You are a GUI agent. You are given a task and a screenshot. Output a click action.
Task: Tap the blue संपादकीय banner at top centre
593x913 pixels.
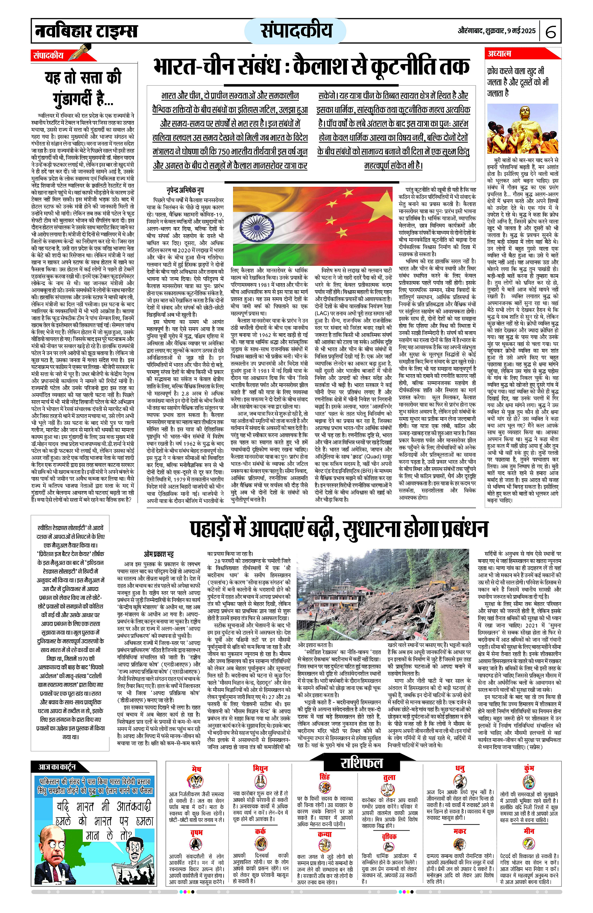pyautogui.click(x=296, y=31)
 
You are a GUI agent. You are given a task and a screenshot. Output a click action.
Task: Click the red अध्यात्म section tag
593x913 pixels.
pyautogui.click(x=499, y=54)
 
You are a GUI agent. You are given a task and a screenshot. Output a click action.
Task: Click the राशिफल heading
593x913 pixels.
pyautogui.click(x=361, y=763)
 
